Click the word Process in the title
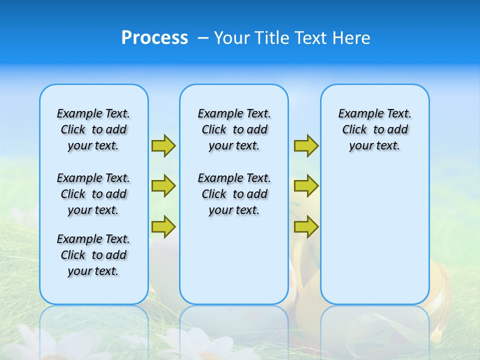coord(154,38)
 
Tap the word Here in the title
coord(352,38)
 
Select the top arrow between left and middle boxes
coord(163,145)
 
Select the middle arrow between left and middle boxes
coord(163,186)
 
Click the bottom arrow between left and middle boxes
coord(163,226)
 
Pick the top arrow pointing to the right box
coord(306,145)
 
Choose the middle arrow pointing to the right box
coord(306,186)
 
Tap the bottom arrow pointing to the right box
coord(306,226)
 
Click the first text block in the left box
coord(93,129)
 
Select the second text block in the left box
coord(93,194)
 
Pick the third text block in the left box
coord(93,255)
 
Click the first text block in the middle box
coord(234,129)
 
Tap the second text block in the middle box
coord(234,194)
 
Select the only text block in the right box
coord(375,129)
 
